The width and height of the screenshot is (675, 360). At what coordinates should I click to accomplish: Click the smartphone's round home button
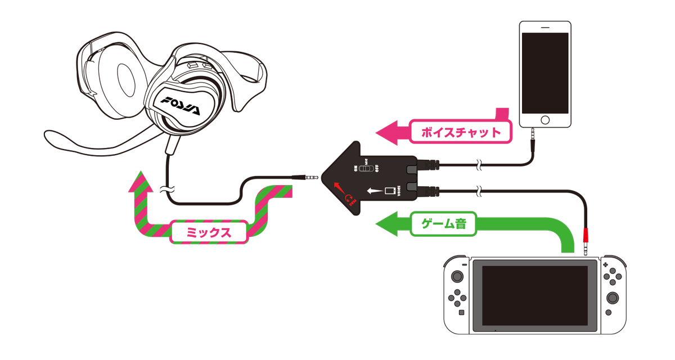pos(544,120)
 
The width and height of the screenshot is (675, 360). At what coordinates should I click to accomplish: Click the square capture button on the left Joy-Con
pos(461,312)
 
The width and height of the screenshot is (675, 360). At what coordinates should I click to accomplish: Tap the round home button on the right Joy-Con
pos(608,312)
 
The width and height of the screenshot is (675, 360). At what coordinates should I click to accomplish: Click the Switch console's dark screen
pos(534,297)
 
